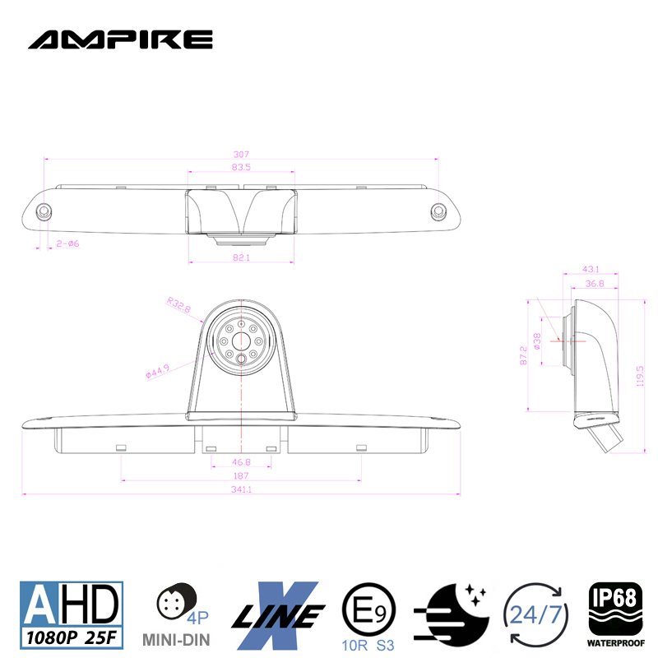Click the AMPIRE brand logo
click(120, 39)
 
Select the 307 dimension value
click(240, 154)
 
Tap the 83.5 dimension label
click(240, 167)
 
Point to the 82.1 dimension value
click(240, 257)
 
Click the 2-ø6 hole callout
click(67, 243)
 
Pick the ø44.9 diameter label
click(157, 372)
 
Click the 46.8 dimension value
click(241, 463)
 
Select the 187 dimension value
click(241, 476)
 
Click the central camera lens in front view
click(240, 340)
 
